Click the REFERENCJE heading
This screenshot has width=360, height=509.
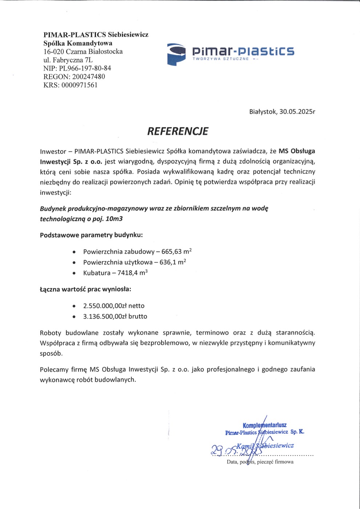pos(178,131)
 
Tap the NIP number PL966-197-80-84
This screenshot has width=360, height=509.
pos(85,68)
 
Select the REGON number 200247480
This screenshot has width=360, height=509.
pos(89,77)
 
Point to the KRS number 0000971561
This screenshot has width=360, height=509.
pos(80,85)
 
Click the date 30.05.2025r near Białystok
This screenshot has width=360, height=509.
pos(297,112)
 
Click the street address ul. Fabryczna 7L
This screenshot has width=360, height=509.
pos(68,60)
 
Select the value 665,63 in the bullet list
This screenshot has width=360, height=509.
pos(174,251)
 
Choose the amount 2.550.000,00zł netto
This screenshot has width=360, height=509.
pos(114,306)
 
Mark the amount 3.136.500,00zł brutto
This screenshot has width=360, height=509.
pos(115,316)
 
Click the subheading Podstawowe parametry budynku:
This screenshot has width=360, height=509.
pos(91,235)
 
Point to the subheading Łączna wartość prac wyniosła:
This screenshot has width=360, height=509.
pos(85,290)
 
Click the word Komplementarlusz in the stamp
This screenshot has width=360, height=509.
pos(264,425)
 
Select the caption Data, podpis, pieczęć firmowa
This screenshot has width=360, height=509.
pos(260,462)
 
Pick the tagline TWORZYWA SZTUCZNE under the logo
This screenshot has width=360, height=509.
pos(221,59)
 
